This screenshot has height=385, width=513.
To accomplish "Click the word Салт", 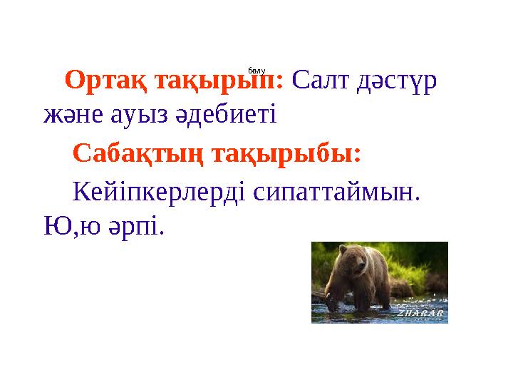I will click(323, 81).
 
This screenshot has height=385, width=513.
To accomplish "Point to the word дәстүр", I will click(398, 81).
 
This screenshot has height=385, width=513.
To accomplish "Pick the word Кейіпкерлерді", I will click(160, 190).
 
